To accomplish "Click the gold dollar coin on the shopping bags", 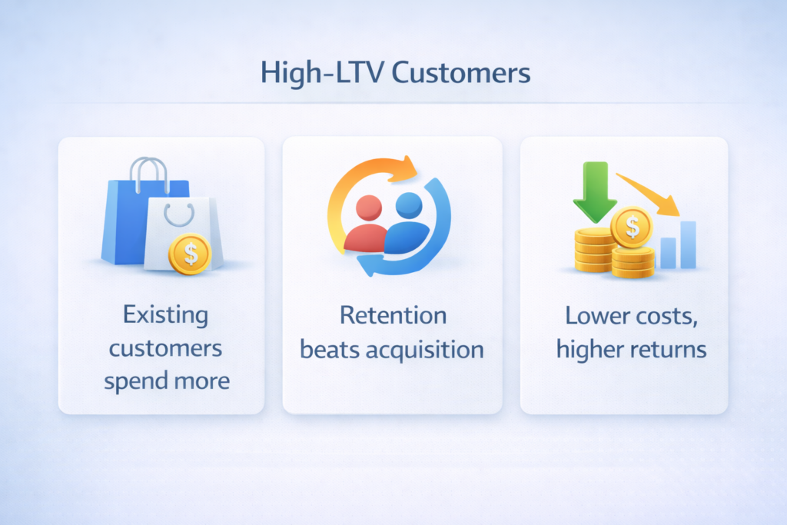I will (189, 254).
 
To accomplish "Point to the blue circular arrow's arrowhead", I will (367, 265).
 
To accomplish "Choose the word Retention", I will (393, 315).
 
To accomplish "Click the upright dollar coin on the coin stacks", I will (631, 227).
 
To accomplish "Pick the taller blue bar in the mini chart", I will (688, 244).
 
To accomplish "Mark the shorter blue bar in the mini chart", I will (668, 253).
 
